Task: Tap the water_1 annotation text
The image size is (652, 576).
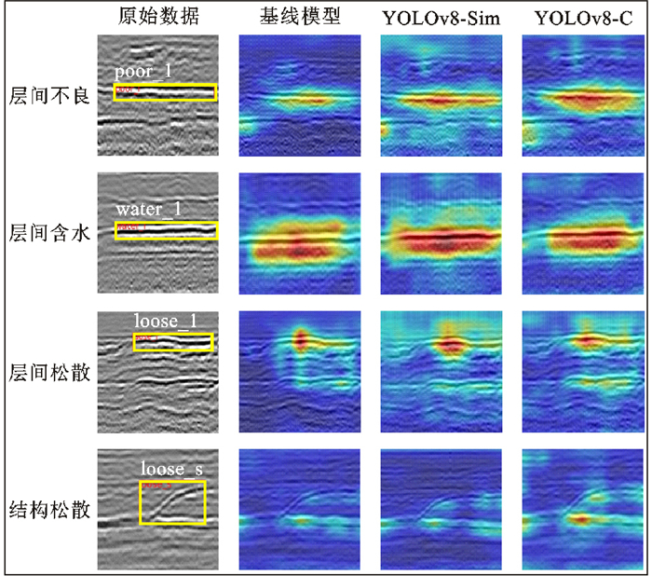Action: click(149, 210)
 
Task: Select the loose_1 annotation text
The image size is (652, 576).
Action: click(166, 322)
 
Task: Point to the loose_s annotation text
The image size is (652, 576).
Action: click(172, 468)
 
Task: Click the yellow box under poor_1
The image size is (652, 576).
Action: click(165, 91)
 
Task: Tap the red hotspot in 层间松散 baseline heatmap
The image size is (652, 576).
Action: click(301, 339)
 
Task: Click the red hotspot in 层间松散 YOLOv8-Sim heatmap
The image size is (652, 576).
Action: click(451, 345)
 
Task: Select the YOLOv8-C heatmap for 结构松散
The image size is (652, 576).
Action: click(583, 510)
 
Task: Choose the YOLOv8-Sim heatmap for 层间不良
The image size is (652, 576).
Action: click(441, 94)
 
